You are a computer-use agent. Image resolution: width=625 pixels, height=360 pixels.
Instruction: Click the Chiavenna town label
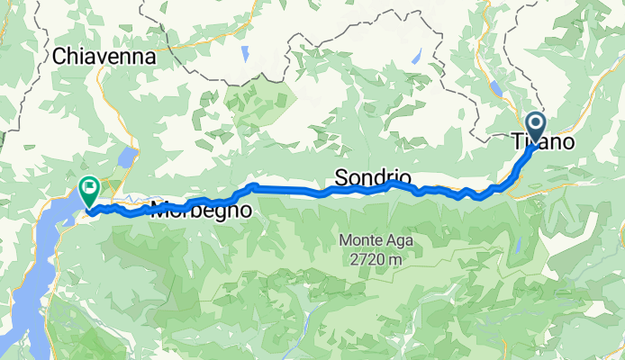point(104,56)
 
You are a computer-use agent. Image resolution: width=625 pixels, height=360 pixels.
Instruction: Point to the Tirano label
point(543,142)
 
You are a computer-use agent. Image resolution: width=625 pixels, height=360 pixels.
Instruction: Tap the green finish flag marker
point(90,190)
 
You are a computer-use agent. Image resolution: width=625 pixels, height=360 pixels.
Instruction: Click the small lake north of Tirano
point(497,88)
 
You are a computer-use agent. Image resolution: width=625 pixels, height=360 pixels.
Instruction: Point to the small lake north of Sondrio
point(417,56)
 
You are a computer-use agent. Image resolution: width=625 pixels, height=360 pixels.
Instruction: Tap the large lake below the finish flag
point(27,270)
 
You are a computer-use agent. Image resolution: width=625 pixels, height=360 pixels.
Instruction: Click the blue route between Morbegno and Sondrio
point(288,190)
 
